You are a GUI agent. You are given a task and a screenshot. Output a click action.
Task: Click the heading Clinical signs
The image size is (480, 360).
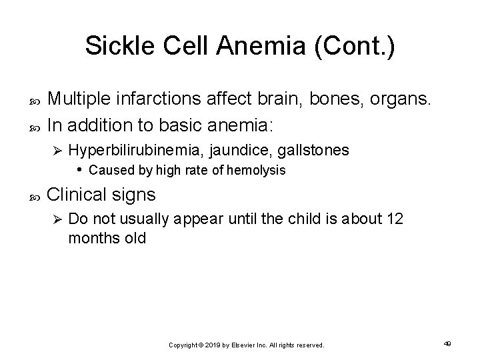[x=102, y=196]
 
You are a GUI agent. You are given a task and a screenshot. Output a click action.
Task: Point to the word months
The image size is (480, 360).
[x=92, y=238]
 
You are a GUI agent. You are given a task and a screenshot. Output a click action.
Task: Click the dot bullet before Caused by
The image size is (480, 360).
[x=80, y=169]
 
